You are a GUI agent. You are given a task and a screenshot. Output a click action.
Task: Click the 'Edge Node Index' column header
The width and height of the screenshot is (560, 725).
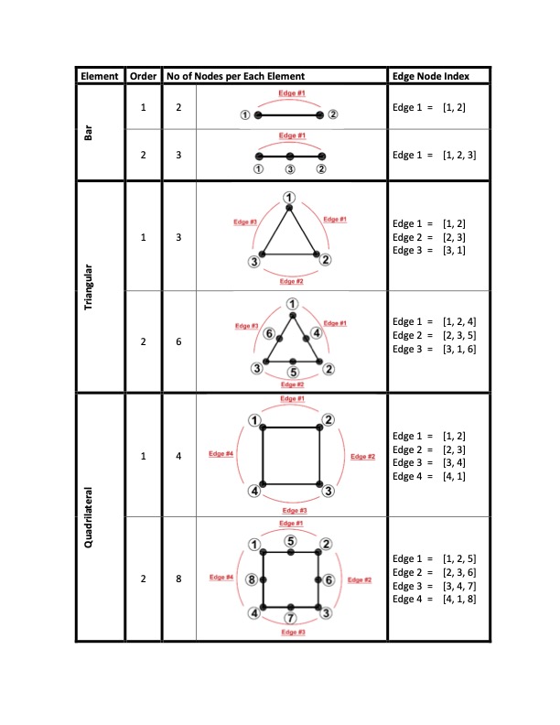(x=431, y=76)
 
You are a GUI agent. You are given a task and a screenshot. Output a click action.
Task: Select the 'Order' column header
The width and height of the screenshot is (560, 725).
(x=143, y=76)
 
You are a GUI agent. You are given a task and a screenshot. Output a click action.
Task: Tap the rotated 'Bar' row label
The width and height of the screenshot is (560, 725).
(x=88, y=133)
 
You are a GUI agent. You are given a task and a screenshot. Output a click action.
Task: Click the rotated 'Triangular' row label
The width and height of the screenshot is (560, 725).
(x=88, y=287)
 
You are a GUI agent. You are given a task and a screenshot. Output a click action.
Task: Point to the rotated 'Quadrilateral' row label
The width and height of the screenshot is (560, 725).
(x=88, y=517)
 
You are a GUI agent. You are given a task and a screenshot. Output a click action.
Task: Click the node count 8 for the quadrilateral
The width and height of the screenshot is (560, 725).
(x=178, y=579)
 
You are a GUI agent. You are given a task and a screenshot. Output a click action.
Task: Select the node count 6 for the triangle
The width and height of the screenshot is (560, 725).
(x=178, y=341)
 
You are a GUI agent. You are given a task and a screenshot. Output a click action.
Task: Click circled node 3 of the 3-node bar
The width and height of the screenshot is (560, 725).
(x=290, y=169)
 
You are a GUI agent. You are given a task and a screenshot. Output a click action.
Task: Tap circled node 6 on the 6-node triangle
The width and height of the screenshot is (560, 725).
(x=269, y=333)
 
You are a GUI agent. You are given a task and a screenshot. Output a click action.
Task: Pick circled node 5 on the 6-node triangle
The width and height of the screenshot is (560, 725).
(x=293, y=373)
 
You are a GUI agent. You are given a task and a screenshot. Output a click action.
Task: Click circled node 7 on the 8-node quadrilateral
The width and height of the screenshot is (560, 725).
(x=290, y=618)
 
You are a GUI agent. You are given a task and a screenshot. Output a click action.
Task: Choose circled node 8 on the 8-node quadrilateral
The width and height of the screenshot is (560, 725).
(x=252, y=579)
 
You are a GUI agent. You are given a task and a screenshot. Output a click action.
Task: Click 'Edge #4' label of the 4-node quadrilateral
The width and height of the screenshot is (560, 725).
(x=221, y=454)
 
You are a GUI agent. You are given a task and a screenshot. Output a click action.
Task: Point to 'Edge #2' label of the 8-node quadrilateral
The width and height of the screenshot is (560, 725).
(x=360, y=579)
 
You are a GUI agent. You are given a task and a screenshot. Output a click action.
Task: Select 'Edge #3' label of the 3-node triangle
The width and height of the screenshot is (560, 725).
(x=245, y=222)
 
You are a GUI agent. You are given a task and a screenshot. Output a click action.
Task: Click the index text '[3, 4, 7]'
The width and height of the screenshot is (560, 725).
(x=459, y=586)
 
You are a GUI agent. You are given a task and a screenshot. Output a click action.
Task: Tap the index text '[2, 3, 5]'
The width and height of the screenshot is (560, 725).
(x=459, y=335)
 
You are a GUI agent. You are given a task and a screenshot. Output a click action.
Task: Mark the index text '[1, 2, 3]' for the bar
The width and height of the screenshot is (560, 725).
(x=459, y=155)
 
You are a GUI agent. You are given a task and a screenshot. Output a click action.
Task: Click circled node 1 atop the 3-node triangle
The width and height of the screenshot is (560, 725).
(x=289, y=198)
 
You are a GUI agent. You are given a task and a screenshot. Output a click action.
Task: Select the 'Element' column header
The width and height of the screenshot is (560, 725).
(x=100, y=76)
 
